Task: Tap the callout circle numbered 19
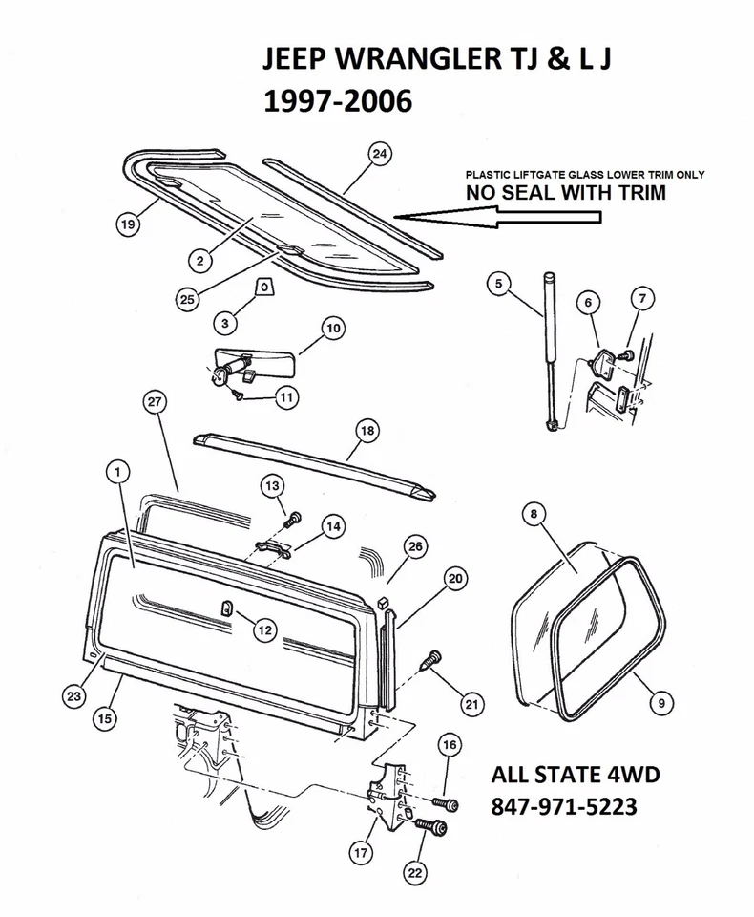(126, 225)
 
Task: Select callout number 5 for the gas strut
(497, 282)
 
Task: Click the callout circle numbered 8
(534, 513)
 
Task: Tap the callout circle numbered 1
(116, 471)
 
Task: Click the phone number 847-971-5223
(563, 807)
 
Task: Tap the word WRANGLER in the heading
(412, 63)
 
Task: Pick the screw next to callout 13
(293, 518)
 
